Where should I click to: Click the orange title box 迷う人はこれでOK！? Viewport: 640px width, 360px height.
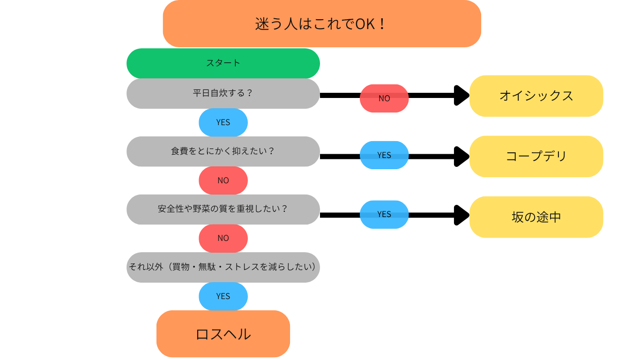pyautogui.click(x=322, y=23)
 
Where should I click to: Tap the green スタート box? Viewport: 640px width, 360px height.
pyautogui.click(x=223, y=63)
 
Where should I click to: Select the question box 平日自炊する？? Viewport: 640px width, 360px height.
pyautogui.click(x=223, y=93)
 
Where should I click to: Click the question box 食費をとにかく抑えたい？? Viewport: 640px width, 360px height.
pyautogui.click(x=223, y=151)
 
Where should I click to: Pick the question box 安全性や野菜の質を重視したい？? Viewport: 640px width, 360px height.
pyautogui.click(x=223, y=209)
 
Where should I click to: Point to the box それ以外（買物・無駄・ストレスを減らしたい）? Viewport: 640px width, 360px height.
pyautogui.click(x=223, y=267)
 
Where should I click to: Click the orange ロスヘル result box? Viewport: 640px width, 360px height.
pyautogui.click(x=223, y=334)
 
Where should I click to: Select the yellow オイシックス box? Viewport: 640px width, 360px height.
pyautogui.click(x=536, y=96)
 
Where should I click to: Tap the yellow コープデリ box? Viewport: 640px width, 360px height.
pyautogui.click(x=536, y=156)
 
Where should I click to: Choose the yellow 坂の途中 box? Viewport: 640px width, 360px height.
pyautogui.click(x=536, y=217)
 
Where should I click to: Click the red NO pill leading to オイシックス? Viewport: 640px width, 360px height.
pyautogui.click(x=384, y=98)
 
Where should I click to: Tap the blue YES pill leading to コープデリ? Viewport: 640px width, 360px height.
pyautogui.click(x=384, y=155)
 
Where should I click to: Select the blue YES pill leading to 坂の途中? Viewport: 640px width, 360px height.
pyautogui.click(x=384, y=214)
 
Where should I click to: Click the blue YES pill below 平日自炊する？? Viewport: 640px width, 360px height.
pyautogui.click(x=223, y=122)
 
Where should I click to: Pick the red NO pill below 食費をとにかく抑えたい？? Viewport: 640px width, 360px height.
pyautogui.click(x=223, y=180)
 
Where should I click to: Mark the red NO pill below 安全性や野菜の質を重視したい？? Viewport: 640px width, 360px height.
pyautogui.click(x=223, y=238)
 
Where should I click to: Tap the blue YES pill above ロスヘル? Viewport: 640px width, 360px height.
pyautogui.click(x=223, y=296)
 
